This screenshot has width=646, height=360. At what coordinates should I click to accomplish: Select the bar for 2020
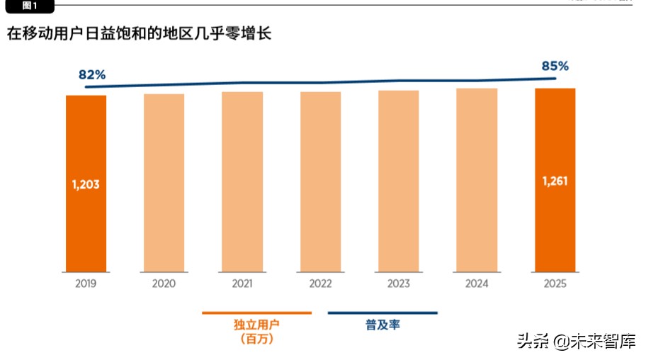pos(164,183)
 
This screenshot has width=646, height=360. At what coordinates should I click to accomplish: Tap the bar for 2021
pos(242,181)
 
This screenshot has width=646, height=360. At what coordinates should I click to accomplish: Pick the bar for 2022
pos(320,181)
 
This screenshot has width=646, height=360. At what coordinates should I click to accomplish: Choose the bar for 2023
pos(398,181)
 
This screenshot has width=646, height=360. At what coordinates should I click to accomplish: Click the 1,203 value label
pos(86,184)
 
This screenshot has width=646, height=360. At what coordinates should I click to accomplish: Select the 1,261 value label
pos(555,181)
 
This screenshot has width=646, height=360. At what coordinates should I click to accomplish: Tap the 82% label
pos(92,74)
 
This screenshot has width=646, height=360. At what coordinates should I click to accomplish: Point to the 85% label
pos(555,66)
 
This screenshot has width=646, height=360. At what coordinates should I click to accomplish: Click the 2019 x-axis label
pos(86,283)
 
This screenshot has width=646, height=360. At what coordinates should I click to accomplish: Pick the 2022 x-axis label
pos(320,283)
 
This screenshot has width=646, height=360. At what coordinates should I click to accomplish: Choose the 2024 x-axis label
pos(477,283)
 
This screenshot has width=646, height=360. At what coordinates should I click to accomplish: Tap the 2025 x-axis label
pos(555,283)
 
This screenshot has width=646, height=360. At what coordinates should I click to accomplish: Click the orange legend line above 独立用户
pos(256,313)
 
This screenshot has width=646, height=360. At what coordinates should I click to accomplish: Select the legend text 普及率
pos(382,325)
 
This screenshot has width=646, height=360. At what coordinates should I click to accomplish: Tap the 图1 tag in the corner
pos(28,6)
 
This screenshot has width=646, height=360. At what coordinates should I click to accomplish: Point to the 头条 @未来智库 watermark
pos(576,342)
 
